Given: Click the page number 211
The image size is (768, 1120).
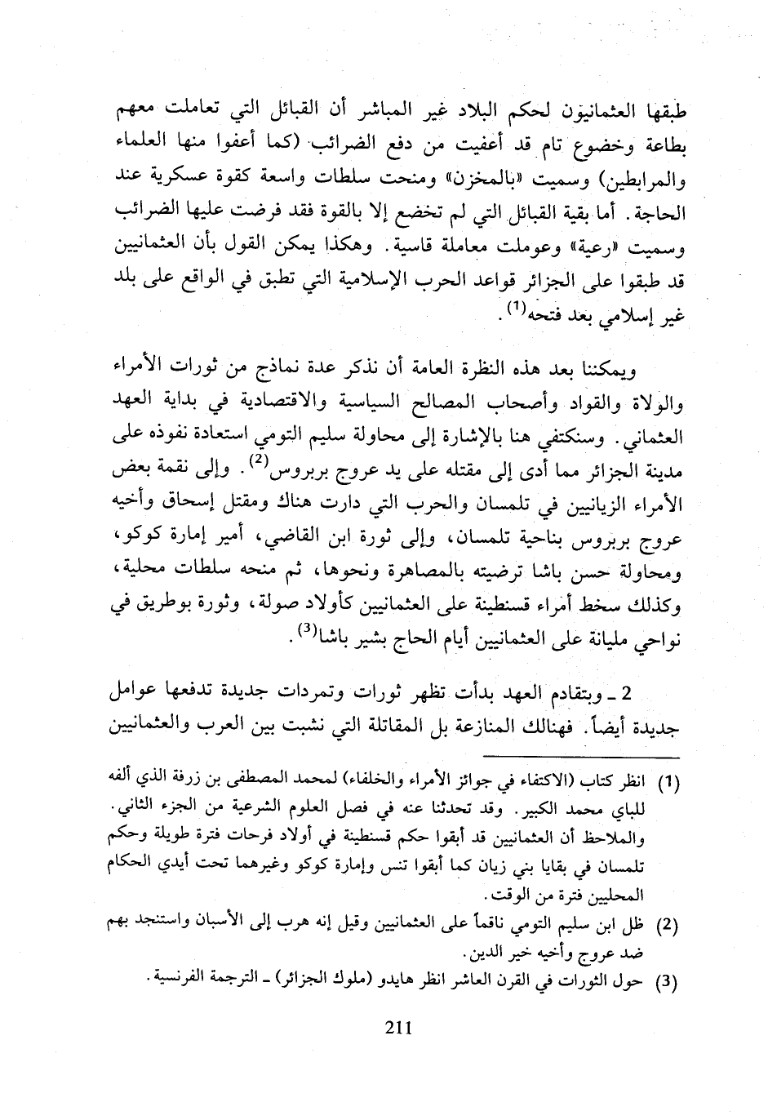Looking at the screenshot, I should click(397, 1029).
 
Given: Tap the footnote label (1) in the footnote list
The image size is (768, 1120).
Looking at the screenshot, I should click(668, 782).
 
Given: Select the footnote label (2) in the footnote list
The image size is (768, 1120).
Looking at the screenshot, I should click(668, 925).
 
